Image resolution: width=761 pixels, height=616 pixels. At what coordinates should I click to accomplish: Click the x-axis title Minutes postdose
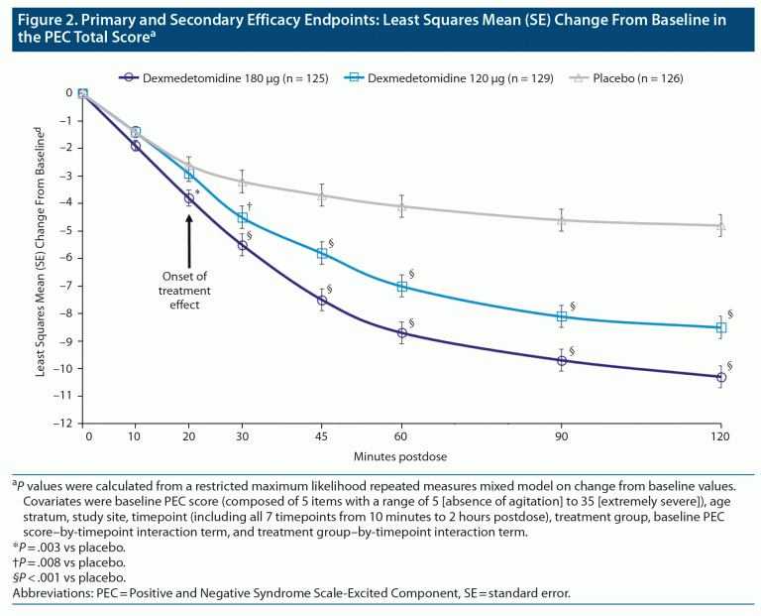pos(402,455)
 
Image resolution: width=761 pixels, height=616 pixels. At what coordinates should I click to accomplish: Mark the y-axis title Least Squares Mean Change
pos(42,258)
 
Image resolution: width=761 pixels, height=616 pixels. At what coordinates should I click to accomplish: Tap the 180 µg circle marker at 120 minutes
pos(721,377)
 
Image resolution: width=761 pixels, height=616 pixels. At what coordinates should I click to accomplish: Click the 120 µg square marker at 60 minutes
pos(402,287)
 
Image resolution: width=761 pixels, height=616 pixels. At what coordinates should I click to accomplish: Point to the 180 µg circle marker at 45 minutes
pos(322,301)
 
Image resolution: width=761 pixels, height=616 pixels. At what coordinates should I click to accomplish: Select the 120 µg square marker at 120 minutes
pos(721,327)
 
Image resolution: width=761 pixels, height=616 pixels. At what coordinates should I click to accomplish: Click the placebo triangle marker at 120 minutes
pos(721,225)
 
